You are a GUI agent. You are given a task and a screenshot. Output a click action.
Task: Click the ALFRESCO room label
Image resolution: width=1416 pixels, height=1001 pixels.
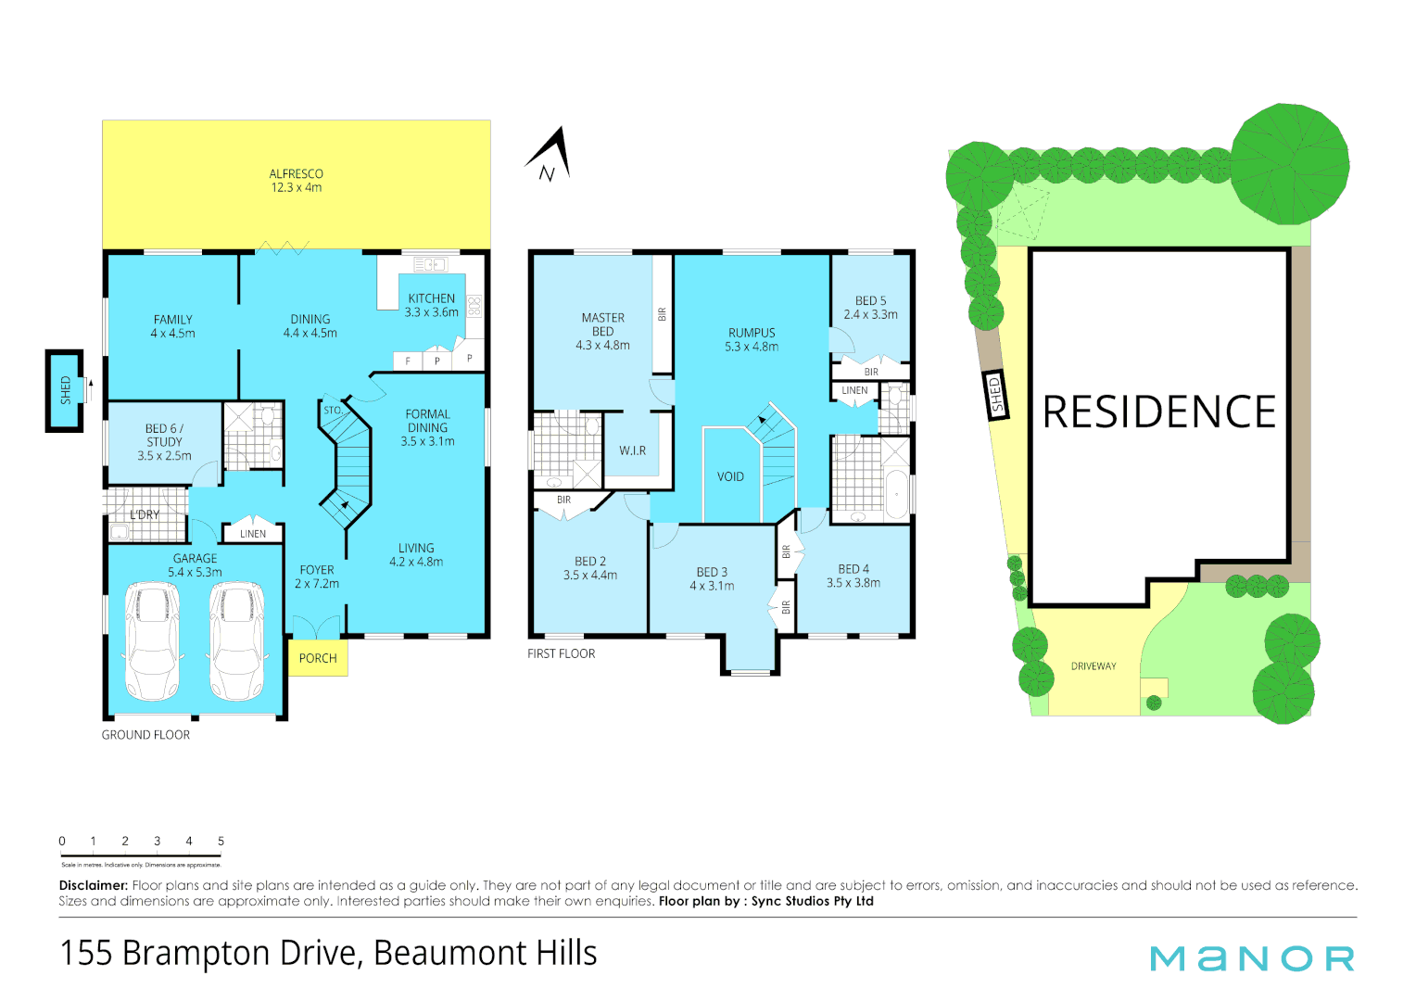click(297, 174)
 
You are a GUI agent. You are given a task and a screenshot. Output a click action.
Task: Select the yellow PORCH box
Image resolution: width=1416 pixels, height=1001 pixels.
click(318, 658)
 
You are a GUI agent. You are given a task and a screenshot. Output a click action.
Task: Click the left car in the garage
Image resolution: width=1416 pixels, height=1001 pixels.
click(152, 641)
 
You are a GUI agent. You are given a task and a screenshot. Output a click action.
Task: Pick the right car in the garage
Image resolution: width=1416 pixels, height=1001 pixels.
click(237, 641)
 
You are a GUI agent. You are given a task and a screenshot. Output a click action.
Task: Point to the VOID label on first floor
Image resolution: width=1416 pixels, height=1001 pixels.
click(730, 476)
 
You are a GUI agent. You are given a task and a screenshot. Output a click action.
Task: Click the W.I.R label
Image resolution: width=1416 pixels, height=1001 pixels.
click(633, 450)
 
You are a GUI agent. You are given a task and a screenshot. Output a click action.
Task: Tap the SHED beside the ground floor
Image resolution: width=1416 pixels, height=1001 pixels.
click(65, 390)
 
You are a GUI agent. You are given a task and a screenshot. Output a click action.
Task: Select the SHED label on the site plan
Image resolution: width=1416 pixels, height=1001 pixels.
click(997, 394)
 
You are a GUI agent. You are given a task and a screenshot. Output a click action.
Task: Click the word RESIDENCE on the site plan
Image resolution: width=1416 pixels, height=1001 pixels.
click(1159, 412)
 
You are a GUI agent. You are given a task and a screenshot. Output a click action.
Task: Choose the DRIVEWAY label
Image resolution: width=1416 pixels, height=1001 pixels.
click(1094, 666)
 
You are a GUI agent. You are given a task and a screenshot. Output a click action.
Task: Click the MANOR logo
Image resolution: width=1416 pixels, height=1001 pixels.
click(1252, 958)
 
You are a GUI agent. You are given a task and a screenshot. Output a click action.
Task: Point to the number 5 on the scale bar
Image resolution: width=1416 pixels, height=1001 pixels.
click(221, 842)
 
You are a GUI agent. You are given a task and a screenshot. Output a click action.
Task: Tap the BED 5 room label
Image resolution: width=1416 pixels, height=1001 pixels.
click(870, 301)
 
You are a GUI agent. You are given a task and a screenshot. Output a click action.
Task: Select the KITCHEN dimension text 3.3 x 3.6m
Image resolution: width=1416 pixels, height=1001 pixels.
click(431, 312)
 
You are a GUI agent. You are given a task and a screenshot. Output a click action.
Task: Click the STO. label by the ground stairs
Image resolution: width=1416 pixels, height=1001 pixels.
click(333, 410)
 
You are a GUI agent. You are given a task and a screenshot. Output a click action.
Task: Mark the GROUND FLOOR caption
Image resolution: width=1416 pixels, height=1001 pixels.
click(145, 735)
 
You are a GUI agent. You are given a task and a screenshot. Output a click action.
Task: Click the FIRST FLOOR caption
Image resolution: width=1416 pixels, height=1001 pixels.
click(561, 653)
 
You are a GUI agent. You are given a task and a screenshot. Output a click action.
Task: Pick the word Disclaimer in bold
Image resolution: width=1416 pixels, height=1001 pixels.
click(93, 885)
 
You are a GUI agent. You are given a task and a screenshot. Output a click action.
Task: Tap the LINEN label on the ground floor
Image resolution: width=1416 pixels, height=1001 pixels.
click(253, 534)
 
